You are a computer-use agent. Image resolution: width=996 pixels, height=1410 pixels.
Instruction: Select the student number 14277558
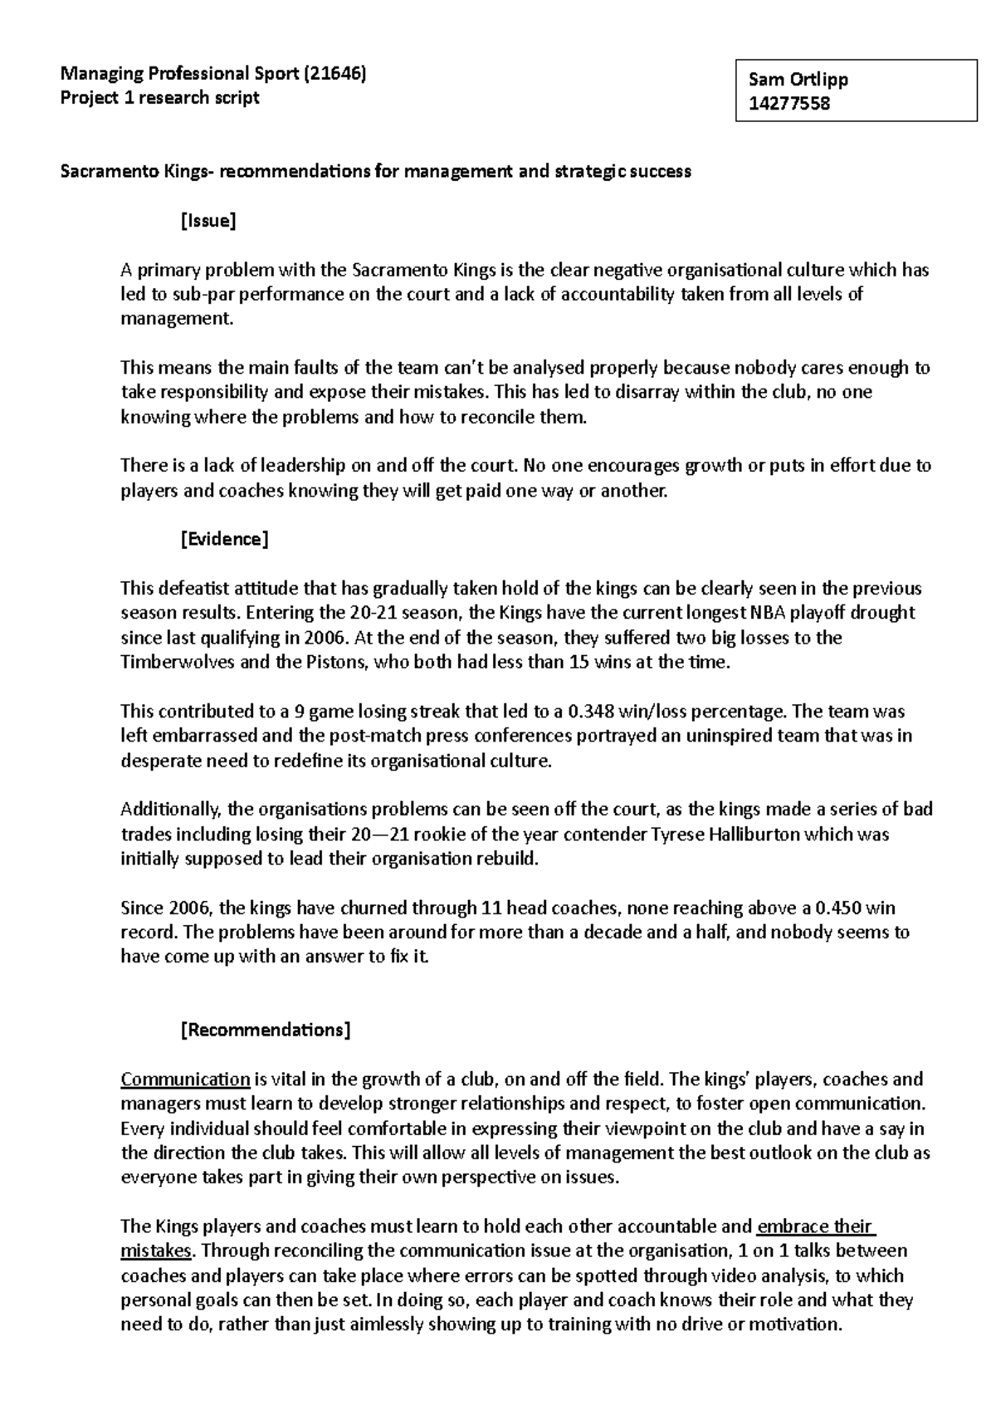click(x=789, y=104)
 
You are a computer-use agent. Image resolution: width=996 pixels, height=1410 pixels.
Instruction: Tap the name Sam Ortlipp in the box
click(x=798, y=80)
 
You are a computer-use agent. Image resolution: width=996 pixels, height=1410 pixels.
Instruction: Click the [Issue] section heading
click(x=208, y=221)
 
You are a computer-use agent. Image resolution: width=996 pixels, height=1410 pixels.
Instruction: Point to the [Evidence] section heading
click(x=224, y=539)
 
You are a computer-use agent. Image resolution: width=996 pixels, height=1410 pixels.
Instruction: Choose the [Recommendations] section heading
click(x=266, y=1030)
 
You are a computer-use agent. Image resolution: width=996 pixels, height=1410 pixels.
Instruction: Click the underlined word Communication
click(x=185, y=1080)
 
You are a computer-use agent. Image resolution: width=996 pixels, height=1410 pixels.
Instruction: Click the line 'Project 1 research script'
click(x=159, y=97)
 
